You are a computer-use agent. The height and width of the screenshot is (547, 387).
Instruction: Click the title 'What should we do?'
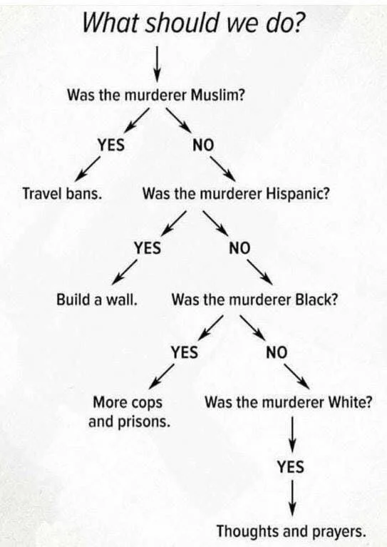coord(192,23)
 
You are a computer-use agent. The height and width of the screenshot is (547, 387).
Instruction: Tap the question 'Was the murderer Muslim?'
coord(156,95)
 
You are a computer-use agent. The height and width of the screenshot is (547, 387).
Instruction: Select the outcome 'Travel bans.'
coord(62,193)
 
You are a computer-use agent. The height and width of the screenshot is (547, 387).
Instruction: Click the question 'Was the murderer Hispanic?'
coord(236,193)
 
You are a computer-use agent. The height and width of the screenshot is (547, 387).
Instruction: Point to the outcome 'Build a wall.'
coord(97,300)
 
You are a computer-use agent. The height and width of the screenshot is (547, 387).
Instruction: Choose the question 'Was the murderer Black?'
coord(254,300)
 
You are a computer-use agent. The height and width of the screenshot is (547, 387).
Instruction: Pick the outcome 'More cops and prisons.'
coord(129,412)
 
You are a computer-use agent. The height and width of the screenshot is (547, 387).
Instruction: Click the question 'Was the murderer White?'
coord(288,402)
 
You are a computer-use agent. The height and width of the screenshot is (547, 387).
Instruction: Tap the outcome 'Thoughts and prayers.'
coord(291,531)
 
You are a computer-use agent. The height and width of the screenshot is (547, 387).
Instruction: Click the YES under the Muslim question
coord(111,145)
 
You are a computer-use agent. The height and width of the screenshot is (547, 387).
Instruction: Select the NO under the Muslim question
coord(203,145)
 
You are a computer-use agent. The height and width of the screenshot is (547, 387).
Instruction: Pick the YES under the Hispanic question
coord(148,248)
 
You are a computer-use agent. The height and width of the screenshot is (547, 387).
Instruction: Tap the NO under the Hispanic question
coord(239,248)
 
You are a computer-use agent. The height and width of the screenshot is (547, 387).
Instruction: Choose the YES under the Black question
coord(184,352)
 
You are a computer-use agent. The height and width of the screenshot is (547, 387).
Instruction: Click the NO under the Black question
coord(277,352)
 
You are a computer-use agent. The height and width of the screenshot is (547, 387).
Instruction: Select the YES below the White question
coord(291,466)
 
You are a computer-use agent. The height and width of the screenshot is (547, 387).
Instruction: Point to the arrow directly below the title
coord(158,63)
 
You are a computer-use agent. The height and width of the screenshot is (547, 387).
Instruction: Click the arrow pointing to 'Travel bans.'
coord(88,169)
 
